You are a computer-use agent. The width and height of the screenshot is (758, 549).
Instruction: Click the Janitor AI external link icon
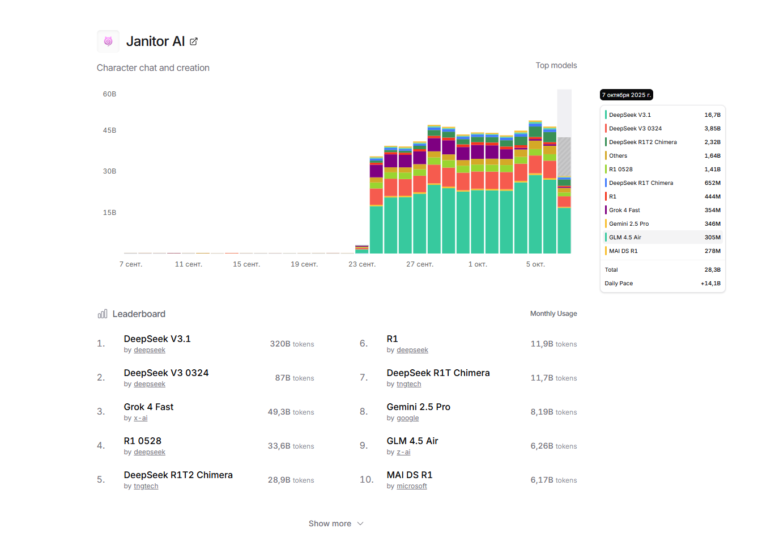coord(194,41)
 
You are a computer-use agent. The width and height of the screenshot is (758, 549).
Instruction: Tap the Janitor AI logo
coord(108,41)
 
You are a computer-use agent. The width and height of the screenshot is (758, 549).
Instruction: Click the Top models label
coord(556,65)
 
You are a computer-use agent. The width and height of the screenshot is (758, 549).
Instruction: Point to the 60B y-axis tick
coord(109,94)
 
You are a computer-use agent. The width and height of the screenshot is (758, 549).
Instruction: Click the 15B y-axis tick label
coord(109,213)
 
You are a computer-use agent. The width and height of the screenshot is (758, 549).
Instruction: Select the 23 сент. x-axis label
coord(361,264)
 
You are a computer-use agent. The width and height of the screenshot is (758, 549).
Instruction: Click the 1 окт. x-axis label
coord(478,264)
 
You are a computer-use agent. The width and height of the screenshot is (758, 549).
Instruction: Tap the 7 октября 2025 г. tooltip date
coord(626,95)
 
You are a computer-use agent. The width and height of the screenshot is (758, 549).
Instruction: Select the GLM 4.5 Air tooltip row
coord(662,237)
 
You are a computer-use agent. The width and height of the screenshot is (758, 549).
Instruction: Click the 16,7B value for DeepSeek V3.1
coord(712,115)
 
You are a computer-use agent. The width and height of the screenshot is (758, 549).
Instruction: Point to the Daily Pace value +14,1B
coord(710,283)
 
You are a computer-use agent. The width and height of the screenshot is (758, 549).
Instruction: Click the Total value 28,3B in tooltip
coord(712,269)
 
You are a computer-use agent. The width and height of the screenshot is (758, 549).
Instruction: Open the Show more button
coord(336,523)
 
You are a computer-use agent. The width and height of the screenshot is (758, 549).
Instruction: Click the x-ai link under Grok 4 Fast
coord(140,418)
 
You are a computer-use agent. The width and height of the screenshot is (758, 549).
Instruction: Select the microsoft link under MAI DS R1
coord(411,486)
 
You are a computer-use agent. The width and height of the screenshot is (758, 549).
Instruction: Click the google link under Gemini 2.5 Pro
coord(407,418)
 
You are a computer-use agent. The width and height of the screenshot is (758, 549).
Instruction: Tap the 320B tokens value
coord(292,344)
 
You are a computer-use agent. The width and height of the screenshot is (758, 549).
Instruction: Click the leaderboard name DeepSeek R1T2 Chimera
coord(178,475)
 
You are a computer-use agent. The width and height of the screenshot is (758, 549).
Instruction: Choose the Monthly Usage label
coord(553,314)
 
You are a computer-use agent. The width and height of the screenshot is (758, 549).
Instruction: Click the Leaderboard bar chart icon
coord(103,314)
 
